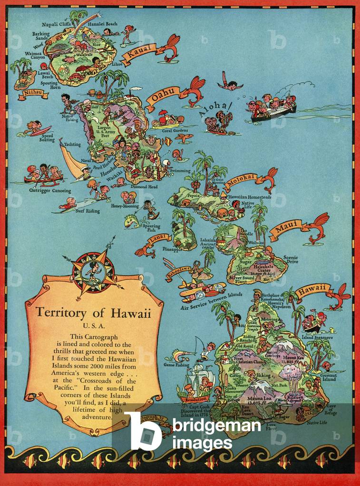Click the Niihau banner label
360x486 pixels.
tap(33, 95)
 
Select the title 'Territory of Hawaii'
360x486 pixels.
tap(94, 314)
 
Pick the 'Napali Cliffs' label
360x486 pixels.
tap(57, 24)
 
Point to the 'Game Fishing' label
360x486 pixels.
tap(176, 365)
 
